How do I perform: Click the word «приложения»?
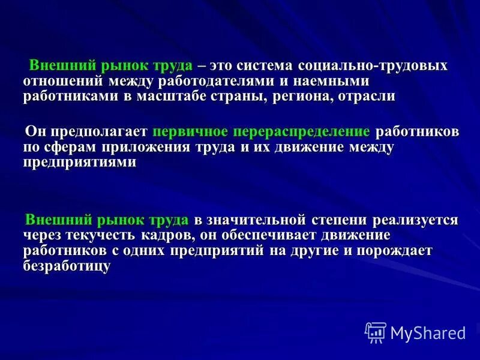click(142, 147)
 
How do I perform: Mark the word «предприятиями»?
click(80, 163)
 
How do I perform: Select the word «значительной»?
click(258, 219)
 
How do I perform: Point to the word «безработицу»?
click(67, 266)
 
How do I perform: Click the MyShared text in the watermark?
click(428, 332)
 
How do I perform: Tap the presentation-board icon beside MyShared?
click(376, 332)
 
